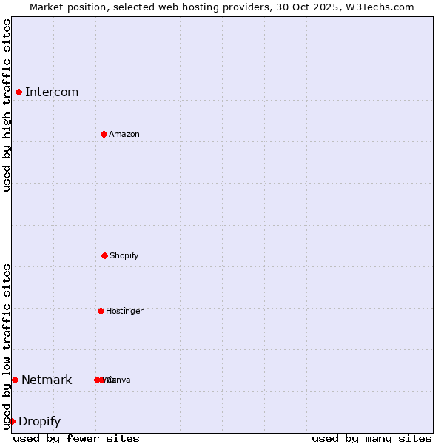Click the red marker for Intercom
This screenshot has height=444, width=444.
(x=19, y=92)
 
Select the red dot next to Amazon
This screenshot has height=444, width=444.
(x=104, y=134)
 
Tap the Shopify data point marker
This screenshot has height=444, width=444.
(x=104, y=255)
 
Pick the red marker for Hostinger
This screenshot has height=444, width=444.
(x=101, y=311)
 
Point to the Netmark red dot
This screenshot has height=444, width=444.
(x=15, y=380)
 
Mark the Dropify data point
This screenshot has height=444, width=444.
(x=12, y=421)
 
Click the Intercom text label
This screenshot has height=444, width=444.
(x=52, y=92)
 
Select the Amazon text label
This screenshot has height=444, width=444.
(x=124, y=134)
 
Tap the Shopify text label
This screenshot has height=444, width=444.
(x=124, y=255)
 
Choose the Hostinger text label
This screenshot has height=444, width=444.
(x=124, y=311)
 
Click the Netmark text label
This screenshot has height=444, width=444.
(x=47, y=380)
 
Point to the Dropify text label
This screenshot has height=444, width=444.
(x=39, y=421)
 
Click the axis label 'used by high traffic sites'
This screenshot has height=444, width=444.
(x=7, y=105)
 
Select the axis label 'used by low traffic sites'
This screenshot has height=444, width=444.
(x=7, y=346)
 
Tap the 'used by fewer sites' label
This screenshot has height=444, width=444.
(x=76, y=438)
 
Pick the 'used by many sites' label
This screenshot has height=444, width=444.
(x=371, y=438)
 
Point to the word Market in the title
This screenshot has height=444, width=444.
(x=47, y=7)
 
